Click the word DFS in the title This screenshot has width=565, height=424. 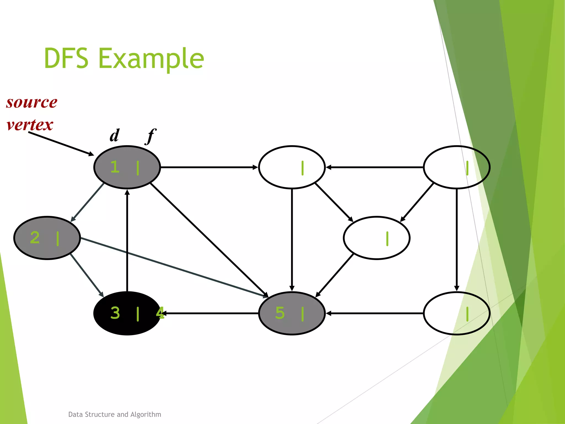click(66, 58)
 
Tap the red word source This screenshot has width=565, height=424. click(32, 102)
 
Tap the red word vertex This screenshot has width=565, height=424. click(30, 125)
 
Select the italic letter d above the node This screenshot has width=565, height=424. click(114, 136)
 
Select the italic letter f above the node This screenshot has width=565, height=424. click(151, 136)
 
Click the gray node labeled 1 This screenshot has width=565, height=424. click(127, 167)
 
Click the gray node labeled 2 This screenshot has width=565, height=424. click(47, 238)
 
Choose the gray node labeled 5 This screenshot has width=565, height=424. click(292, 313)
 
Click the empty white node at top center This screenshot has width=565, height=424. click(292, 167)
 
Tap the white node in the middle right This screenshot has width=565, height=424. click(377, 238)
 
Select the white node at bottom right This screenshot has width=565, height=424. click(456, 313)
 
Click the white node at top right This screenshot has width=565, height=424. click(456, 167)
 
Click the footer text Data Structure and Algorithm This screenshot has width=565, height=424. click(114, 414)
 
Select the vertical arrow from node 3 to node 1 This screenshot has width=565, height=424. click(127, 240)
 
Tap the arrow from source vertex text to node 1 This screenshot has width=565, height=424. click(61, 144)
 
